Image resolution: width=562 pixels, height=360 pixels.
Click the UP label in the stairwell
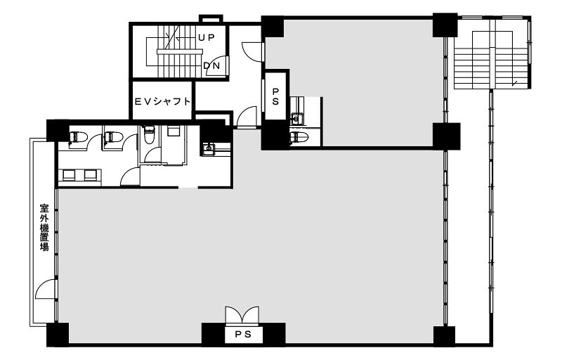click(x=206, y=37)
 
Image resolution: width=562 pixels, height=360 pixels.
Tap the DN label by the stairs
click(x=212, y=66)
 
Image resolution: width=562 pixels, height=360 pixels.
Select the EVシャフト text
click(x=162, y=101)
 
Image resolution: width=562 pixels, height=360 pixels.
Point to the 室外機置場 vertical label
click(x=44, y=227)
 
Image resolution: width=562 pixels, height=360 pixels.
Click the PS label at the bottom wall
click(x=243, y=334)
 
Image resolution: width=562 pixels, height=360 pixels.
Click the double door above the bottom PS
click(x=242, y=315)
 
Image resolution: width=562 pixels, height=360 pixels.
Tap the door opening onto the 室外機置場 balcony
click(x=46, y=289)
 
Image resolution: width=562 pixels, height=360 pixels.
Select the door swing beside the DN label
click(x=217, y=66)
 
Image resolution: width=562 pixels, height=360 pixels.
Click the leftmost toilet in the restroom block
click(x=78, y=137)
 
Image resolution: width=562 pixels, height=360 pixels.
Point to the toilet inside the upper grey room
click(x=298, y=136)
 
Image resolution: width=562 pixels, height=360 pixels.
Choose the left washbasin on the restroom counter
click(x=69, y=174)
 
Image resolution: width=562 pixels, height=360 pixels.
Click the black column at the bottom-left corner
click(x=58, y=335)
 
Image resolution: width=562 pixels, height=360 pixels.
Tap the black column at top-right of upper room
click(x=445, y=25)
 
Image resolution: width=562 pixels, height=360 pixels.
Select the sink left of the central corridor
click(x=209, y=148)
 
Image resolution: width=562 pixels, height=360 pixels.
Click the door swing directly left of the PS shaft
click(x=247, y=117)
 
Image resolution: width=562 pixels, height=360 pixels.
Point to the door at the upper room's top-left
click(x=254, y=52)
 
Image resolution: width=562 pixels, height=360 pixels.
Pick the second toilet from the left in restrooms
click(x=114, y=137)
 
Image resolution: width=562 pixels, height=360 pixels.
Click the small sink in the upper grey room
click(x=296, y=117)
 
